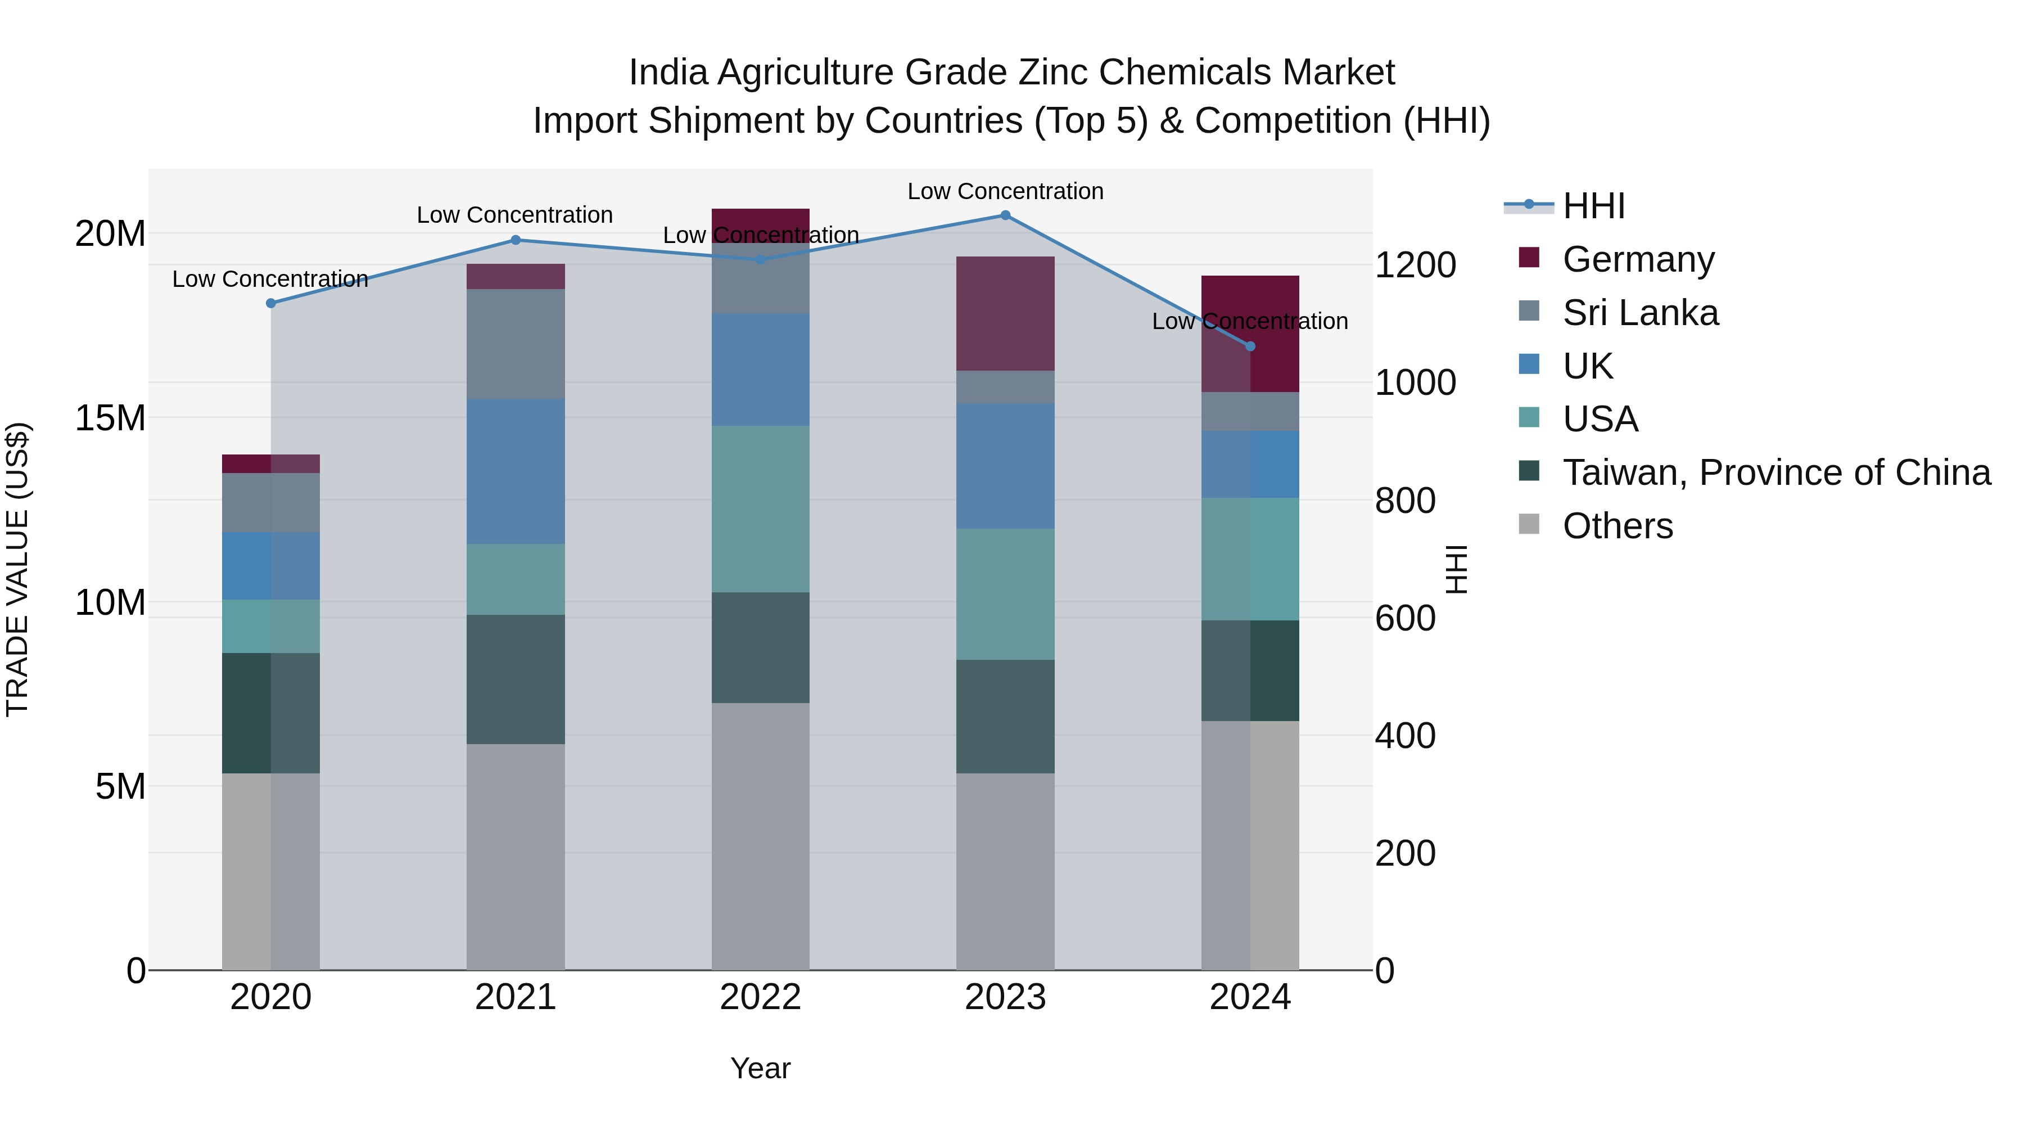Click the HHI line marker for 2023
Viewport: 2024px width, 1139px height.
coord(1005,215)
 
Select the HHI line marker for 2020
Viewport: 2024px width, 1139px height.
coord(271,303)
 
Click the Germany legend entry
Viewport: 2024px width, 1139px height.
coord(1638,259)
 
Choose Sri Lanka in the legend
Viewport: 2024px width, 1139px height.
coord(1640,313)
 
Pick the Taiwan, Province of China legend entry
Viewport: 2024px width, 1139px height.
coord(1775,472)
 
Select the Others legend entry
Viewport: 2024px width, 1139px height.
coord(1617,526)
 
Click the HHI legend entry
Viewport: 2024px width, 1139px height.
coord(1593,206)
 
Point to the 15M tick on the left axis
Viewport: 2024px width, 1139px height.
coord(110,418)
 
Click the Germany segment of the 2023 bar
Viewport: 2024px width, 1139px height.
coord(1005,314)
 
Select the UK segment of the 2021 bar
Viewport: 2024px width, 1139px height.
coord(516,472)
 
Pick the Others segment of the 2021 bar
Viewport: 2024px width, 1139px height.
coord(516,857)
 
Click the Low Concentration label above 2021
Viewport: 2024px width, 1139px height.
coord(514,215)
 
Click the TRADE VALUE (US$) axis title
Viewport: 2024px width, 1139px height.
coord(17,569)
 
